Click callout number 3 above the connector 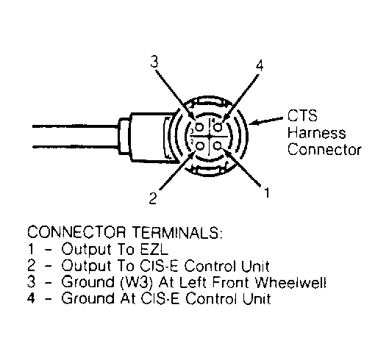coord(154,62)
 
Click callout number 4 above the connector coord(260,65)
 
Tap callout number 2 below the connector coord(153,198)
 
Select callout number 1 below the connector coord(267,192)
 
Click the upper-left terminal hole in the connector coord(200,127)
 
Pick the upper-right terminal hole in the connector coord(218,127)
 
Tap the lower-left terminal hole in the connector coord(200,146)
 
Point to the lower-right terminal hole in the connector coord(218,145)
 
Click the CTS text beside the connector coord(302,116)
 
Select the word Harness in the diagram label coord(316,133)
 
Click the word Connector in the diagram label coord(324,150)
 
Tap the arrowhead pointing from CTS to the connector coord(252,123)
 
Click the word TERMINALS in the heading coord(177,232)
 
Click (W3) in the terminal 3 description coord(136,282)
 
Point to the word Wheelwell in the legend coord(290,282)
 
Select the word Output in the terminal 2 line coord(86,266)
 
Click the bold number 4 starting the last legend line coord(31,298)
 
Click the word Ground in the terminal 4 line coord(88,298)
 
